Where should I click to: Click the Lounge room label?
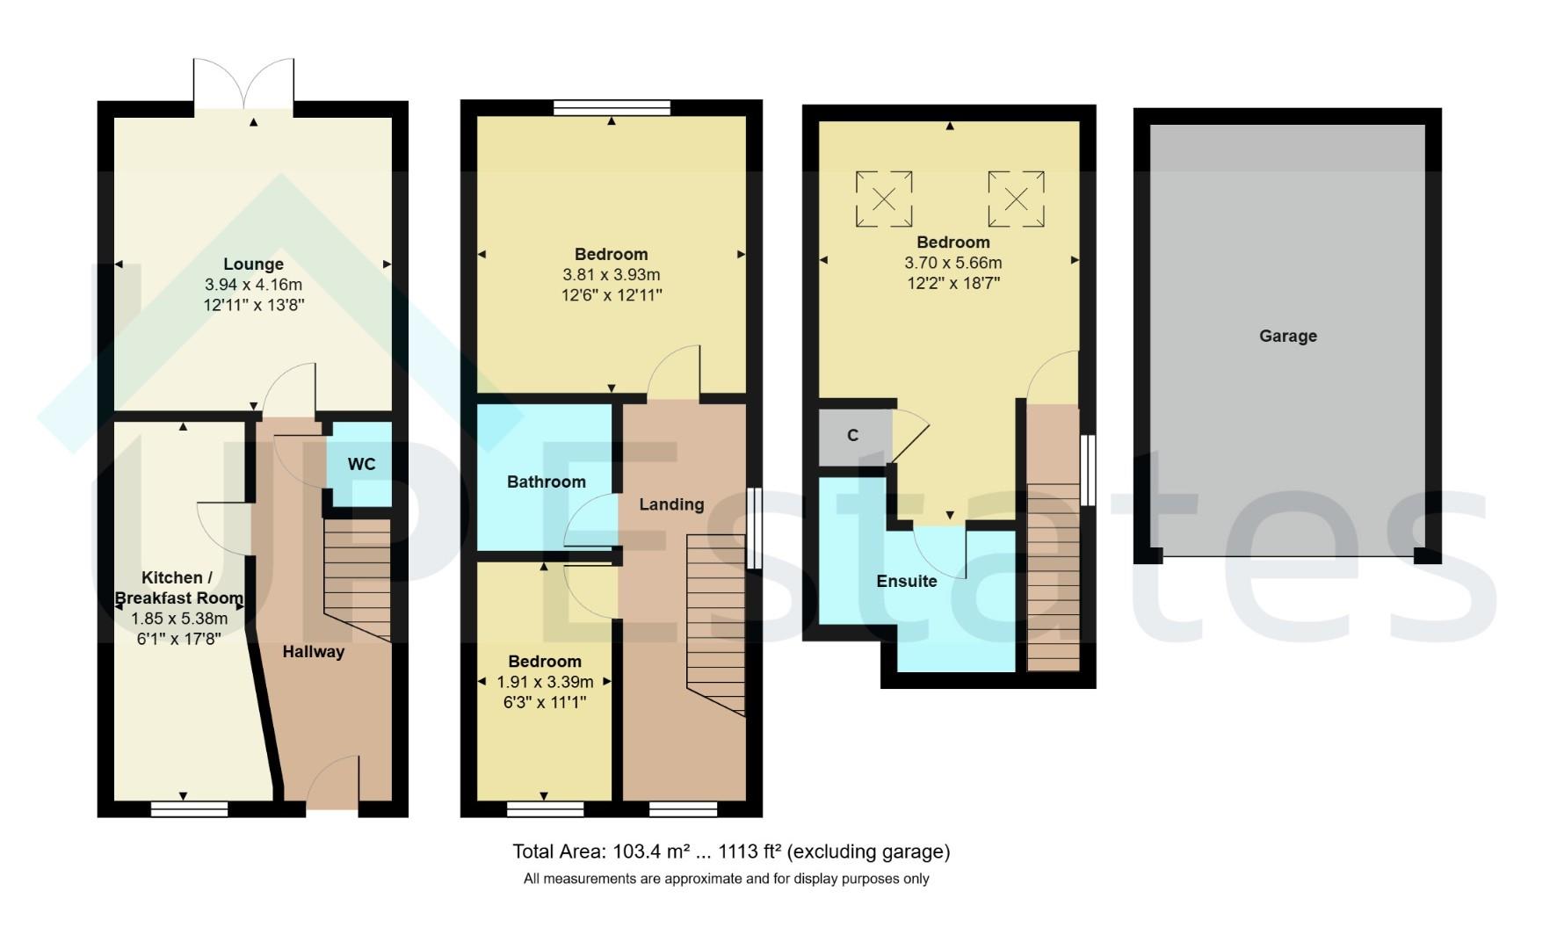253,264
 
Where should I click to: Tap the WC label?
361,464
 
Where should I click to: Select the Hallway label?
313,652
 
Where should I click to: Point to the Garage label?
1287,336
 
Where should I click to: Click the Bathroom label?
546,482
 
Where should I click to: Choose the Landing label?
671,504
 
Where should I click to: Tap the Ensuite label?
906,581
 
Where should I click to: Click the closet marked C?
852,435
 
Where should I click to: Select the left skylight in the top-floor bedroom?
884,199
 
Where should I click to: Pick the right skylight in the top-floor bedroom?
1016,199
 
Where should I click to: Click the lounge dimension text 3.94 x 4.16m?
253,285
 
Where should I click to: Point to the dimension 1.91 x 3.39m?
545,682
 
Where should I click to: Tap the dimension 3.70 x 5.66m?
952,263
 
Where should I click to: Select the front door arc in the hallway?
334,781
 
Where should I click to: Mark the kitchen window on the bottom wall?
189,808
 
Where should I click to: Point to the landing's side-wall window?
753,529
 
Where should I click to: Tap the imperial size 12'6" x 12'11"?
611,295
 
